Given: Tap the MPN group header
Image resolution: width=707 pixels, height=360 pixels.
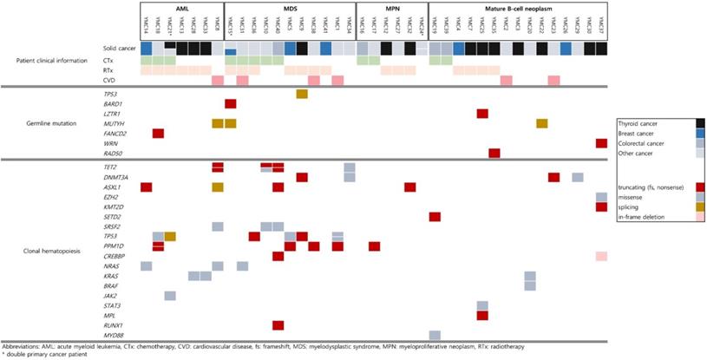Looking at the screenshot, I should (x=391, y=7).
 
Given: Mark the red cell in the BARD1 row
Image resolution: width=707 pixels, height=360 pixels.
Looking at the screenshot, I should (x=231, y=103).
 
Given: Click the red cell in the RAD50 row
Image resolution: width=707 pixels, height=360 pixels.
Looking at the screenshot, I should (x=494, y=153).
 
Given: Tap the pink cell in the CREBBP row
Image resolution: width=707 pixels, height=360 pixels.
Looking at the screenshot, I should (x=601, y=256).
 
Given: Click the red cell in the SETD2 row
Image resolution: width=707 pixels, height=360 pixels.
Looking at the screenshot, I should (x=435, y=216).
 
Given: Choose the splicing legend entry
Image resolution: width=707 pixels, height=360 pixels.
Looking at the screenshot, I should (x=631, y=206).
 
